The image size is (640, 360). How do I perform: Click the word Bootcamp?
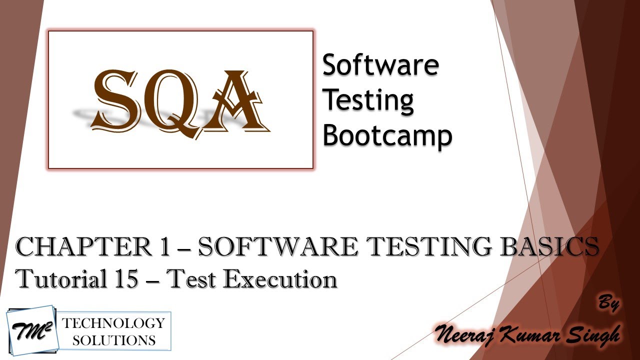[x=387, y=135]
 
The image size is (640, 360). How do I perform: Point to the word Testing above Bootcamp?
[x=368, y=100]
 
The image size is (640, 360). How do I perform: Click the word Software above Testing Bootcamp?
[x=380, y=65]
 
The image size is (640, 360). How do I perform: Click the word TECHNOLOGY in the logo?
[x=113, y=322]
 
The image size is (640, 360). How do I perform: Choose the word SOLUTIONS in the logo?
[x=113, y=340]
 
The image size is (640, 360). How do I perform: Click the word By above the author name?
[x=609, y=303]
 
